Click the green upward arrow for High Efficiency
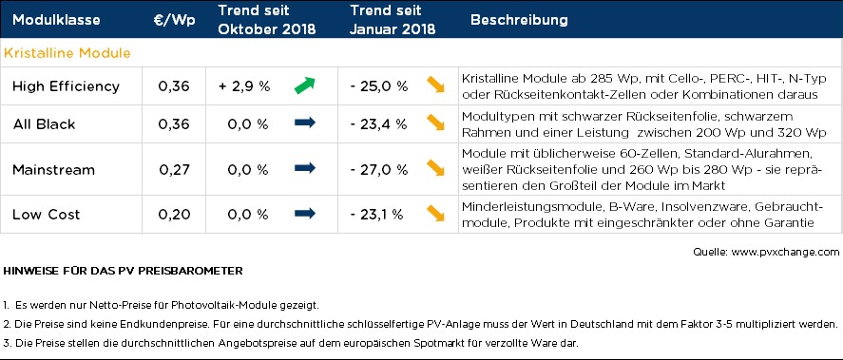305,85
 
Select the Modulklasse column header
56,20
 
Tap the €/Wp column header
174,20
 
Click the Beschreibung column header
519,20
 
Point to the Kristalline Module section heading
67,53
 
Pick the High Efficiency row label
67,86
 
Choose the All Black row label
44,124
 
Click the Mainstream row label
54,170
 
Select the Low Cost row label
47,215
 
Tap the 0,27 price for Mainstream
174,170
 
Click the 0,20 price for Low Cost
174,215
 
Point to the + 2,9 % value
244,86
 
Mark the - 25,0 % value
378,86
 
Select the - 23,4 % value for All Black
378,124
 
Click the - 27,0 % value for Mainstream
378,170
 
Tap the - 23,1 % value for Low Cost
376,215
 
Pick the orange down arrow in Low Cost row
435,213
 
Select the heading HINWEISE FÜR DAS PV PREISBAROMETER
124,271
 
